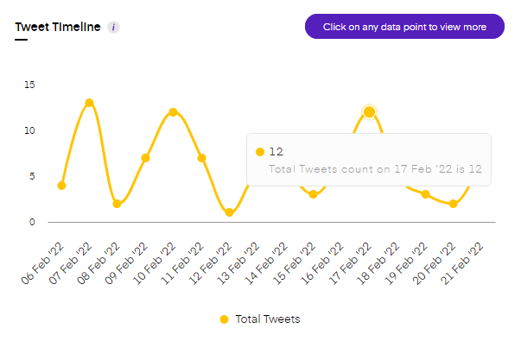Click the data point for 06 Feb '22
61,186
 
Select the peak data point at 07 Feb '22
89,103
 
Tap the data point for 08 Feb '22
117,204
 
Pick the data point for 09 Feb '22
145,158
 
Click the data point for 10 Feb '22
173,112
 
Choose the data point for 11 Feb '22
201,158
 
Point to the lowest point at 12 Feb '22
229,212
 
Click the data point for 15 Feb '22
313,194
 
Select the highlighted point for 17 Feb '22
369,112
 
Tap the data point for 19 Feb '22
425,194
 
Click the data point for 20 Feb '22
453,204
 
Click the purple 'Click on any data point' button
404,27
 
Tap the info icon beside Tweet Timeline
114,27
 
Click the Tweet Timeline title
58,27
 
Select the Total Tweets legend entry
260,319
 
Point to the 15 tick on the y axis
30,85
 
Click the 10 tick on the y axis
30,130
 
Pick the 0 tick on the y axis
33,222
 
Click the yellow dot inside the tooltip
259,152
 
